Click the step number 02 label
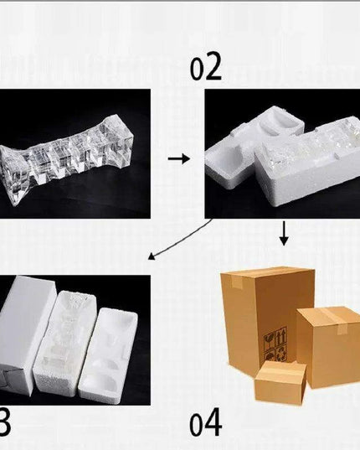[x=206, y=67]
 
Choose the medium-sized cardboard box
[x=328, y=345]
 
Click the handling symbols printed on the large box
[x=273, y=344]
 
